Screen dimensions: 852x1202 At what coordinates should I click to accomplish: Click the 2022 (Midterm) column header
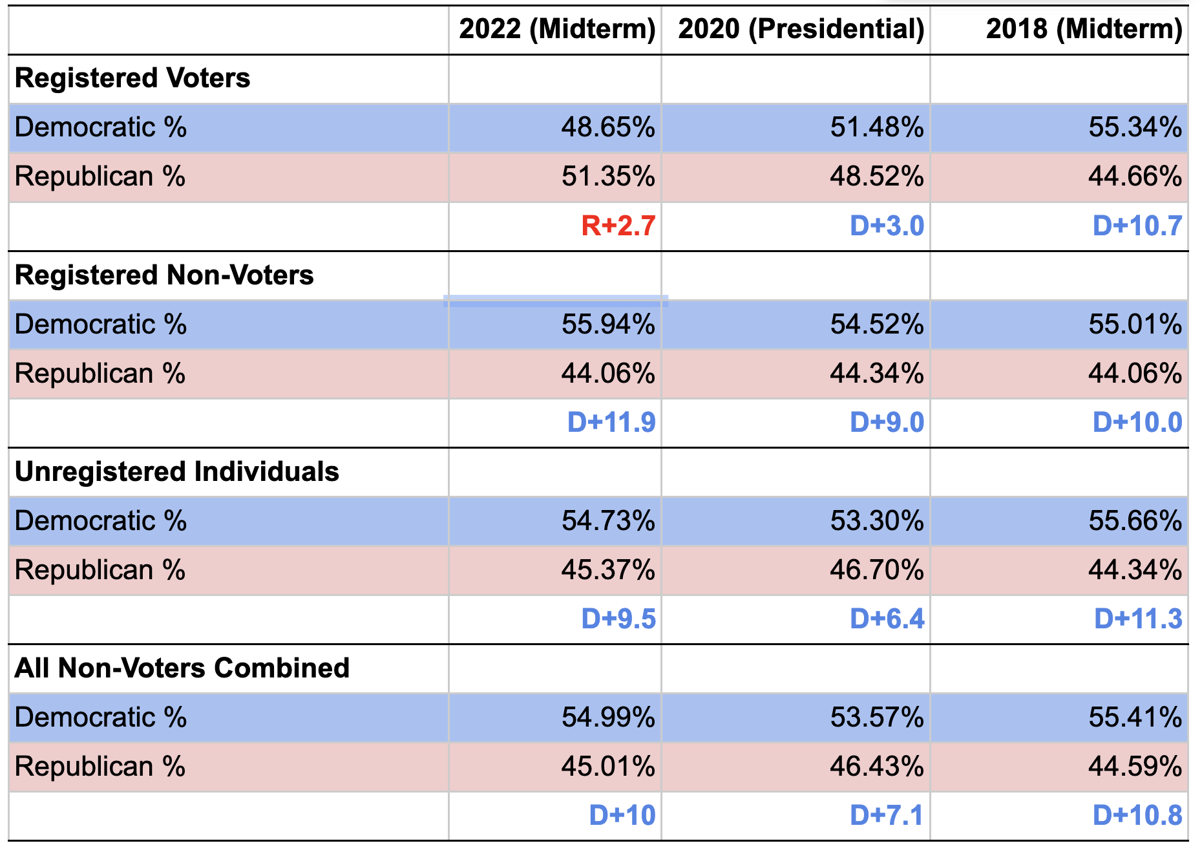point(557,29)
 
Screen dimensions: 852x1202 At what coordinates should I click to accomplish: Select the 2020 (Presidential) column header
point(801,29)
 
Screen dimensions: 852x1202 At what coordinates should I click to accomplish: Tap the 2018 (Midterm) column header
point(1084,29)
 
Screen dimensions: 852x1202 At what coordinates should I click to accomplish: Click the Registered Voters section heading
point(132,78)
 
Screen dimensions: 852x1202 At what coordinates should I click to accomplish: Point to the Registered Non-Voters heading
point(164,275)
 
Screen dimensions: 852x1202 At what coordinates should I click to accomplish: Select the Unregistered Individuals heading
point(176,472)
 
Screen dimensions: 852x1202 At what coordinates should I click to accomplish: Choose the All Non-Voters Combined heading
point(182,668)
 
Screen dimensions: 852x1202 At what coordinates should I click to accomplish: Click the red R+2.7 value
point(618,226)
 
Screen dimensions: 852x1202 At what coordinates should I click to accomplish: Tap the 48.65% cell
point(607,127)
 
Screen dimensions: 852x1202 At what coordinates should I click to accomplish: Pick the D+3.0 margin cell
point(886,226)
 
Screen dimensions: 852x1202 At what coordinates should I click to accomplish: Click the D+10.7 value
point(1137,226)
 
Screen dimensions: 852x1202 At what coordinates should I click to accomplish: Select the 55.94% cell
point(607,325)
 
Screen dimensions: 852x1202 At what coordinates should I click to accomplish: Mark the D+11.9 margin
point(611,423)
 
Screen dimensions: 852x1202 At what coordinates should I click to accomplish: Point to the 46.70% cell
point(876,570)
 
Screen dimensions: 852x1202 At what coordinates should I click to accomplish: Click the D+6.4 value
point(886,619)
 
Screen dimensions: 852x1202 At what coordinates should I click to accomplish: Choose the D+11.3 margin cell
point(1137,619)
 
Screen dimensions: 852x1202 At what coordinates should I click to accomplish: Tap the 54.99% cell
point(607,718)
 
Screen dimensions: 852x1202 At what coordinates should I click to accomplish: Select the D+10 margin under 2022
point(622,816)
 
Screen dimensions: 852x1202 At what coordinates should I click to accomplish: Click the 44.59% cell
point(1135,767)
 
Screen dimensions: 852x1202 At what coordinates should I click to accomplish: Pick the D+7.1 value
point(886,816)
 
